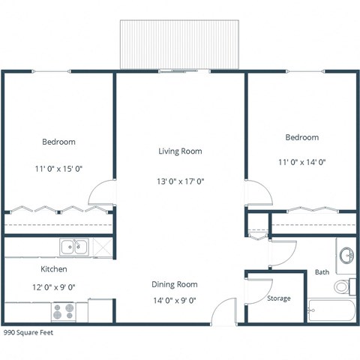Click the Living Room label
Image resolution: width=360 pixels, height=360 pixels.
180,151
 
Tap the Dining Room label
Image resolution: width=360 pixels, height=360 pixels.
175,284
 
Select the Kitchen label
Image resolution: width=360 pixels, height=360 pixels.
54,268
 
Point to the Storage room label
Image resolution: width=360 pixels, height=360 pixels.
279,298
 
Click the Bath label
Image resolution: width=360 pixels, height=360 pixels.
322,271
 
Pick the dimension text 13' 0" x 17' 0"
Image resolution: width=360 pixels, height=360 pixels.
180,181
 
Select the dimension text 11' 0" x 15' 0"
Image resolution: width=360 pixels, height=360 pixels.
58,169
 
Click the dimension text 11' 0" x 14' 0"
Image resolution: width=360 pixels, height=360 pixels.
301,161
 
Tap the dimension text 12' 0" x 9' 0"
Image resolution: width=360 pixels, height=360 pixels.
54,286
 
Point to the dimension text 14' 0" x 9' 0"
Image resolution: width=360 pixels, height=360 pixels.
175,301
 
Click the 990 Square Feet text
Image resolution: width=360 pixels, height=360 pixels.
28,331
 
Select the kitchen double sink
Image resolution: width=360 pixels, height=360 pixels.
74,246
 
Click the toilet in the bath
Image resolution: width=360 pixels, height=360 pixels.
343,285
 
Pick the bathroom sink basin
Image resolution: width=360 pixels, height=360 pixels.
346,256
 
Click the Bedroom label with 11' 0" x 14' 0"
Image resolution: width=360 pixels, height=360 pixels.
301,137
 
